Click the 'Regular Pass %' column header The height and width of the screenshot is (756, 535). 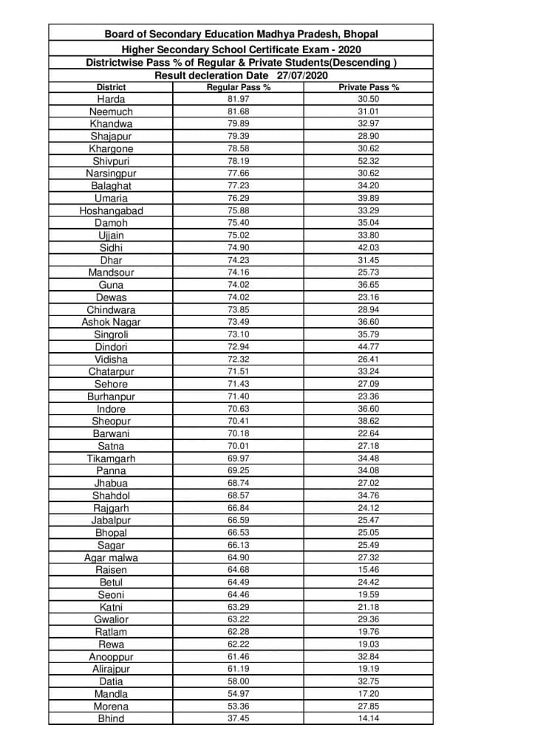[238, 87]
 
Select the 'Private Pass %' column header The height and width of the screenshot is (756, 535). [369, 87]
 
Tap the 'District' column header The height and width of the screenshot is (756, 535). [111, 87]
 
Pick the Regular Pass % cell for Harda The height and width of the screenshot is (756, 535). [238, 99]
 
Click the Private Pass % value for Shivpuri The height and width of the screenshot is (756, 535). [369, 161]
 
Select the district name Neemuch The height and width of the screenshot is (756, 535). [111, 111]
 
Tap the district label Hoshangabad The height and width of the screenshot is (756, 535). [111, 210]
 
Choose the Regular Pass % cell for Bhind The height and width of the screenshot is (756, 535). [238, 718]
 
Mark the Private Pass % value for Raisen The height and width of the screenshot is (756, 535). [369, 570]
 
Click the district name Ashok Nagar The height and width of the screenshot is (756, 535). [111, 322]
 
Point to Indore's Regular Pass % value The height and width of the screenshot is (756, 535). [238, 409]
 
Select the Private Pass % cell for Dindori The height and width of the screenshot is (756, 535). [369, 347]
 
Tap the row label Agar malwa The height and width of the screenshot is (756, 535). [111, 557]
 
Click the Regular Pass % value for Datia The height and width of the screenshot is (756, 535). [238, 681]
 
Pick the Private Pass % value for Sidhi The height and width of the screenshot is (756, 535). [369, 248]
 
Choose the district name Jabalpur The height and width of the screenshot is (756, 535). [111, 520]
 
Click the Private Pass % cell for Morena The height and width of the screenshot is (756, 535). [369, 707]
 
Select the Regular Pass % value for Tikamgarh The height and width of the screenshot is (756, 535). [238, 458]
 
